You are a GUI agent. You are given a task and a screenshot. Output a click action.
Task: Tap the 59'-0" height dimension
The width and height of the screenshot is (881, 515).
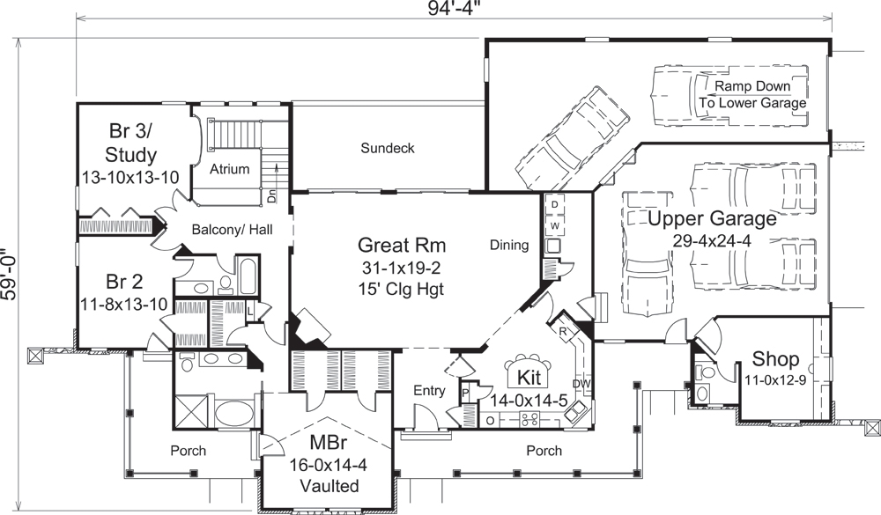coord(10,275)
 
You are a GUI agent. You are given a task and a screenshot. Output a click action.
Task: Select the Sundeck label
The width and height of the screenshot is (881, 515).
coord(387,148)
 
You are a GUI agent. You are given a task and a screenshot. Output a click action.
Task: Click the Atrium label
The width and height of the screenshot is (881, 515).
coord(230,169)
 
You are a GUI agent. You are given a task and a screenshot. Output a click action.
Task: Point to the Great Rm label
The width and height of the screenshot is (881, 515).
coord(402,244)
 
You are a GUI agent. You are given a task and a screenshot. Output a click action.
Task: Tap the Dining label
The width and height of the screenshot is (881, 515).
coord(509,246)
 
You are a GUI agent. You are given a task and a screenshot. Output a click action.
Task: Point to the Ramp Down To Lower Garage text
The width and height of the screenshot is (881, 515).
coord(752,95)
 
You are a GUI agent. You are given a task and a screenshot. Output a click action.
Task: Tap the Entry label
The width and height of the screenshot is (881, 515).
coord(428,390)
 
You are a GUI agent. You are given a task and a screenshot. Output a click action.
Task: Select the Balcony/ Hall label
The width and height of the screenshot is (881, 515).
coord(231,229)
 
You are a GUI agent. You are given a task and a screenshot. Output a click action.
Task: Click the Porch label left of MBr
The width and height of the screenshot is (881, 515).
coord(188,451)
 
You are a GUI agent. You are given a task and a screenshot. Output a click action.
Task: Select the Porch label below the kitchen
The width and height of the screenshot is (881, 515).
coord(544,451)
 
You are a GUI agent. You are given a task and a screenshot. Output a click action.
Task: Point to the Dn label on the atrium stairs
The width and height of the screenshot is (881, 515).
coord(272,197)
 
